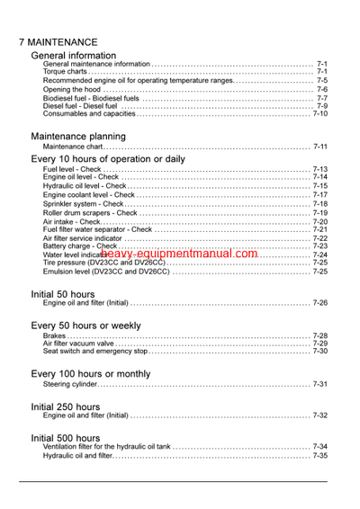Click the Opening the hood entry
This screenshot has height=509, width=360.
point(75,89)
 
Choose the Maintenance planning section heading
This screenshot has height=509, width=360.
point(78,136)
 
